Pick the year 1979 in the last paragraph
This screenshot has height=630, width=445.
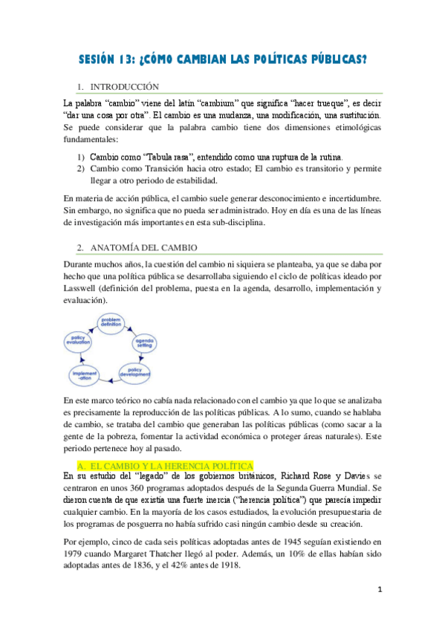point(76,552)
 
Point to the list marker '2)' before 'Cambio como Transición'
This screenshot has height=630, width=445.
point(80,168)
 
